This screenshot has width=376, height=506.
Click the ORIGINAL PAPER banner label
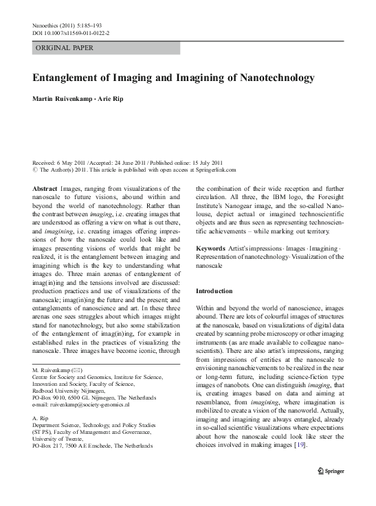pos(64,48)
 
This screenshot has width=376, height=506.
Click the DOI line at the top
pos(71,33)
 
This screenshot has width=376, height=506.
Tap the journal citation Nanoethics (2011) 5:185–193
pos(71,25)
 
